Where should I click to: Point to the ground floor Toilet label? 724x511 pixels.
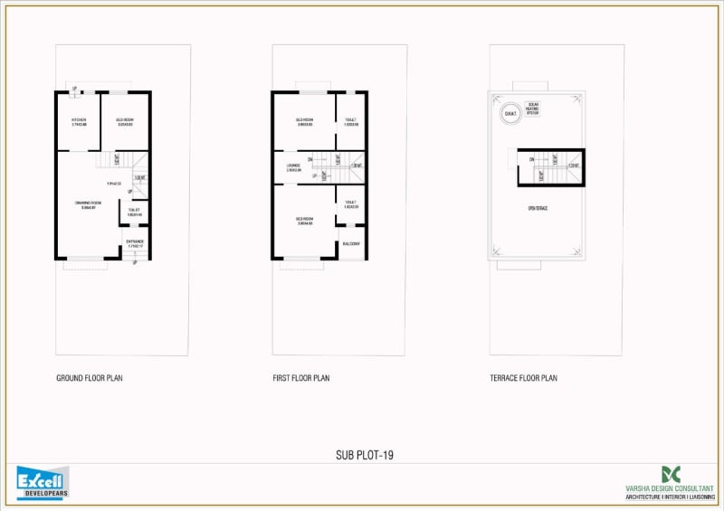(135, 211)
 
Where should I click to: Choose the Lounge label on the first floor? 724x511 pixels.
(293, 166)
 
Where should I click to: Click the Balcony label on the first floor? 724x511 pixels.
(351, 243)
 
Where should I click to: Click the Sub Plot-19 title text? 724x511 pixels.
(364, 455)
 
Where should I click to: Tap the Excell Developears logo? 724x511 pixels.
(43, 482)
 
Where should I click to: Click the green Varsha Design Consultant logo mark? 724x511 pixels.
(671, 474)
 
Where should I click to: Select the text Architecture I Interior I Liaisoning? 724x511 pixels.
(670, 496)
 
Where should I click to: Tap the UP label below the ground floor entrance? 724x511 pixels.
(134, 263)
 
